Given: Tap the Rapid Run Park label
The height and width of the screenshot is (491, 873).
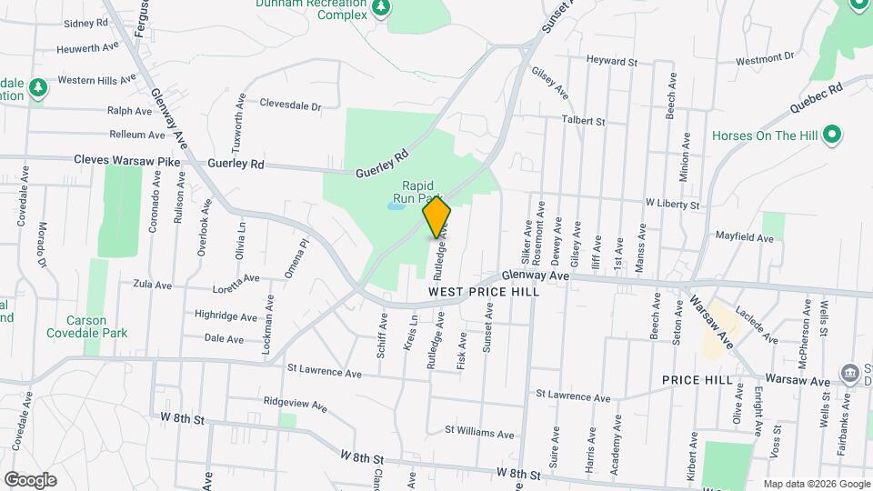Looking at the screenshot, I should point(417,191).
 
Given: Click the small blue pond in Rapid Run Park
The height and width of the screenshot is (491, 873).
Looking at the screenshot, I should point(395,206).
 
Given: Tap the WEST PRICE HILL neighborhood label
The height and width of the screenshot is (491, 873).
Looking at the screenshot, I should point(484,292).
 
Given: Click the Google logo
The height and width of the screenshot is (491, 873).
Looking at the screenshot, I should point(30,479).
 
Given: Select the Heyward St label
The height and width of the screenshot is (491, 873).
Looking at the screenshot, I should point(611,62).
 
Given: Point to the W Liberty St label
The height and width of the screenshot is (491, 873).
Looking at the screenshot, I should point(672,205).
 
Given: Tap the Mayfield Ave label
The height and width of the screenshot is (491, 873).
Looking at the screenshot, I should point(744,237).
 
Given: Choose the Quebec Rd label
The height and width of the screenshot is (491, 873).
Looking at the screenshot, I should point(817,96).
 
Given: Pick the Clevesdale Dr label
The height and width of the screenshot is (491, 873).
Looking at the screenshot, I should point(291,105).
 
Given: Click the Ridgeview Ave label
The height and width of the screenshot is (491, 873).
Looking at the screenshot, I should point(293,400).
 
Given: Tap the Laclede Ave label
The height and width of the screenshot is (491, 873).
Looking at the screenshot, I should point(757,324).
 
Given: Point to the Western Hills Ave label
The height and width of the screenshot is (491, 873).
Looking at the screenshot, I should point(99,80).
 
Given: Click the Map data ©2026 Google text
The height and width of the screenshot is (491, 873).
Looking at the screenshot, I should point(816,484).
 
